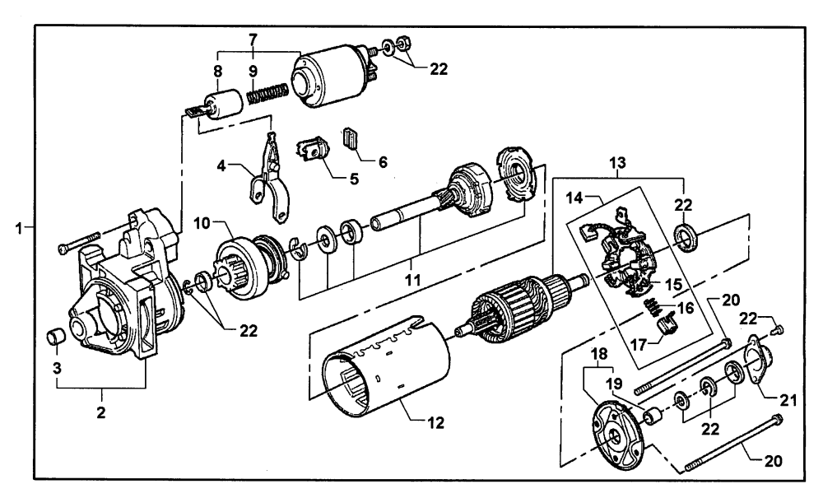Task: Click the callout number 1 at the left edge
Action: point(19,228)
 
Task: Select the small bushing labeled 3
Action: point(56,337)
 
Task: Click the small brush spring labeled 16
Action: point(652,306)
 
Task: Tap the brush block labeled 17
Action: point(668,327)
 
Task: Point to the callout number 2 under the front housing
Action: point(101,412)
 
